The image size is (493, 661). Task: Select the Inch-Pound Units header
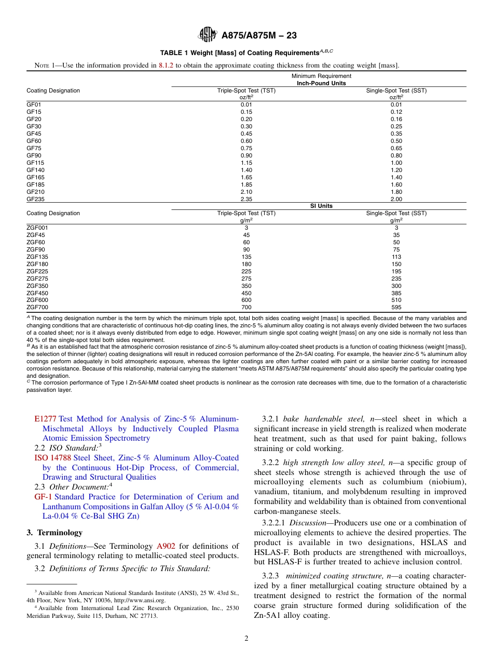[321, 83]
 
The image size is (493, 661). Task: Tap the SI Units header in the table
[321, 206]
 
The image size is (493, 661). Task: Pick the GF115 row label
[35, 163]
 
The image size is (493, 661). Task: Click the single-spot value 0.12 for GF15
[396, 112]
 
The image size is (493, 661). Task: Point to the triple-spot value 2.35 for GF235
[246, 199]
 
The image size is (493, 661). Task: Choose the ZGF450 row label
[37, 293]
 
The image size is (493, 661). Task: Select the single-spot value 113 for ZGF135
[396, 257]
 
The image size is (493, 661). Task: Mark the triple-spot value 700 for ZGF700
[246, 308]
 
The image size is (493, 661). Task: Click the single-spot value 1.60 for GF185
[396, 184]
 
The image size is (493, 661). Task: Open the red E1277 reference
[45, 419]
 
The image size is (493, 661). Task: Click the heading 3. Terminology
[54, 533]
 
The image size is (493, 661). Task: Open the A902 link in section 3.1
[166, 546]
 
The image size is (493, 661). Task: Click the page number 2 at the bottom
[246, 639]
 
